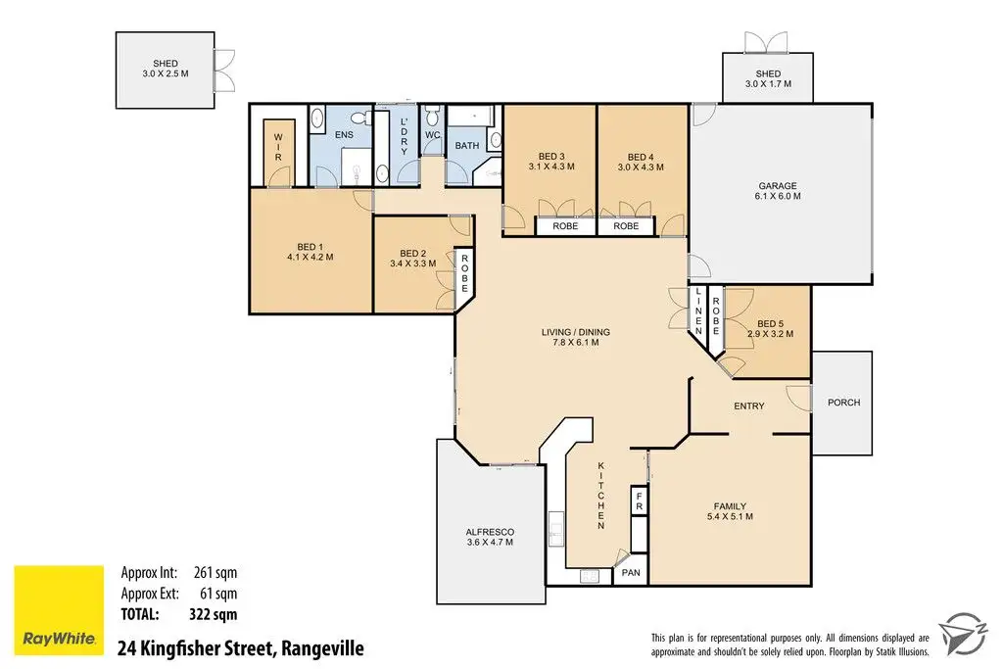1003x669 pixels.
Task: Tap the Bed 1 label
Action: point(310,252)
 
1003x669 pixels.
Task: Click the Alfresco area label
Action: point(489,537)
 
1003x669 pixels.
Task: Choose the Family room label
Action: point(730,511)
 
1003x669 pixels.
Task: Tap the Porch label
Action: point(842,403)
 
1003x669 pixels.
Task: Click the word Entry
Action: point(748,406)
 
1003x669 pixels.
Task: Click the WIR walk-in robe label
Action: point(278,146)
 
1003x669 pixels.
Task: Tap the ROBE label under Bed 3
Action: point(565,226)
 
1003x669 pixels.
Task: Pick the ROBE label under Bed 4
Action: point(626,226)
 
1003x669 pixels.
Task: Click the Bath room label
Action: point(467,146)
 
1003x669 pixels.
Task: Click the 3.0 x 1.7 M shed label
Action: point(768,79)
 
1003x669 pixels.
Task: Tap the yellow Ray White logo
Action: point(59,609)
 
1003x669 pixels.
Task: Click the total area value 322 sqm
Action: point(214,615)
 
